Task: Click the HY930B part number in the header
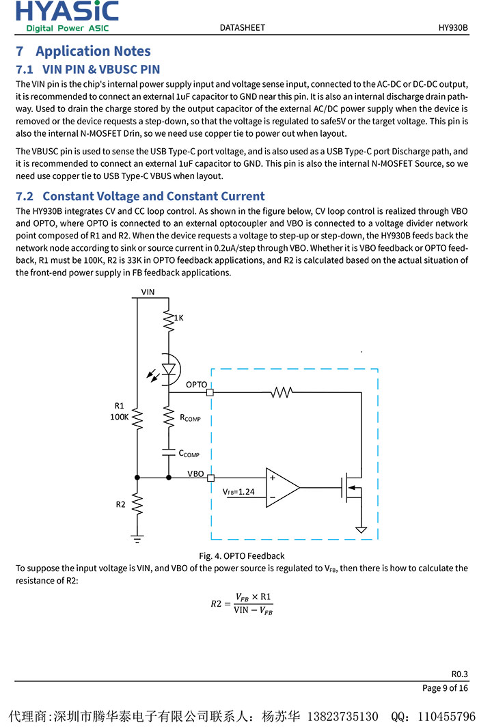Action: pyautogui.click(x=453, y=28)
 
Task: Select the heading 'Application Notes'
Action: pyautogui.click(x=93, y=51)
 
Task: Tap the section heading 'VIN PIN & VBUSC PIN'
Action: pyautogui.click(x=101, y=69)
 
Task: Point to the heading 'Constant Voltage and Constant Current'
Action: pyautogui.click(x=154, y=196)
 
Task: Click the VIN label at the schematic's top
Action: pyautogui.click(x=148, y=292)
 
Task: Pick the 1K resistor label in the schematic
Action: pyautogui.click(x=178, y=318)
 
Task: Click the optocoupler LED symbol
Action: pyautogui.click(x=168, y=369)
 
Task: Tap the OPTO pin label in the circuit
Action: pyautogui.click(x=196, y=385)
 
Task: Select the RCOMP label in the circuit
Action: pyautogui.click(x=190, y=417)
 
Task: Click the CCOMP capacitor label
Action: pyautogui.click(x=189, y=454)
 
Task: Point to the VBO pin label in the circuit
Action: pyautogui.click(x=195, y=473)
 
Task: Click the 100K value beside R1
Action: pyautogui.click(x=120, y=417)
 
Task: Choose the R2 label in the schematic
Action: pyautogui.click(x=120, y=504)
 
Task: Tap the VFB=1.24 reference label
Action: pyautogui.click(x=238, y=491)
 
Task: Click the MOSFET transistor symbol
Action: pyautogui.click(x=353, y=487)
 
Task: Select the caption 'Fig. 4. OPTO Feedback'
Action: pyautogui.click(x=242, y=555)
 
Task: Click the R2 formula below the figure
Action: pyautogui.click(x=241, y=604)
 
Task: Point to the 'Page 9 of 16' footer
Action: pyautogui.click(x=445, y=688)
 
